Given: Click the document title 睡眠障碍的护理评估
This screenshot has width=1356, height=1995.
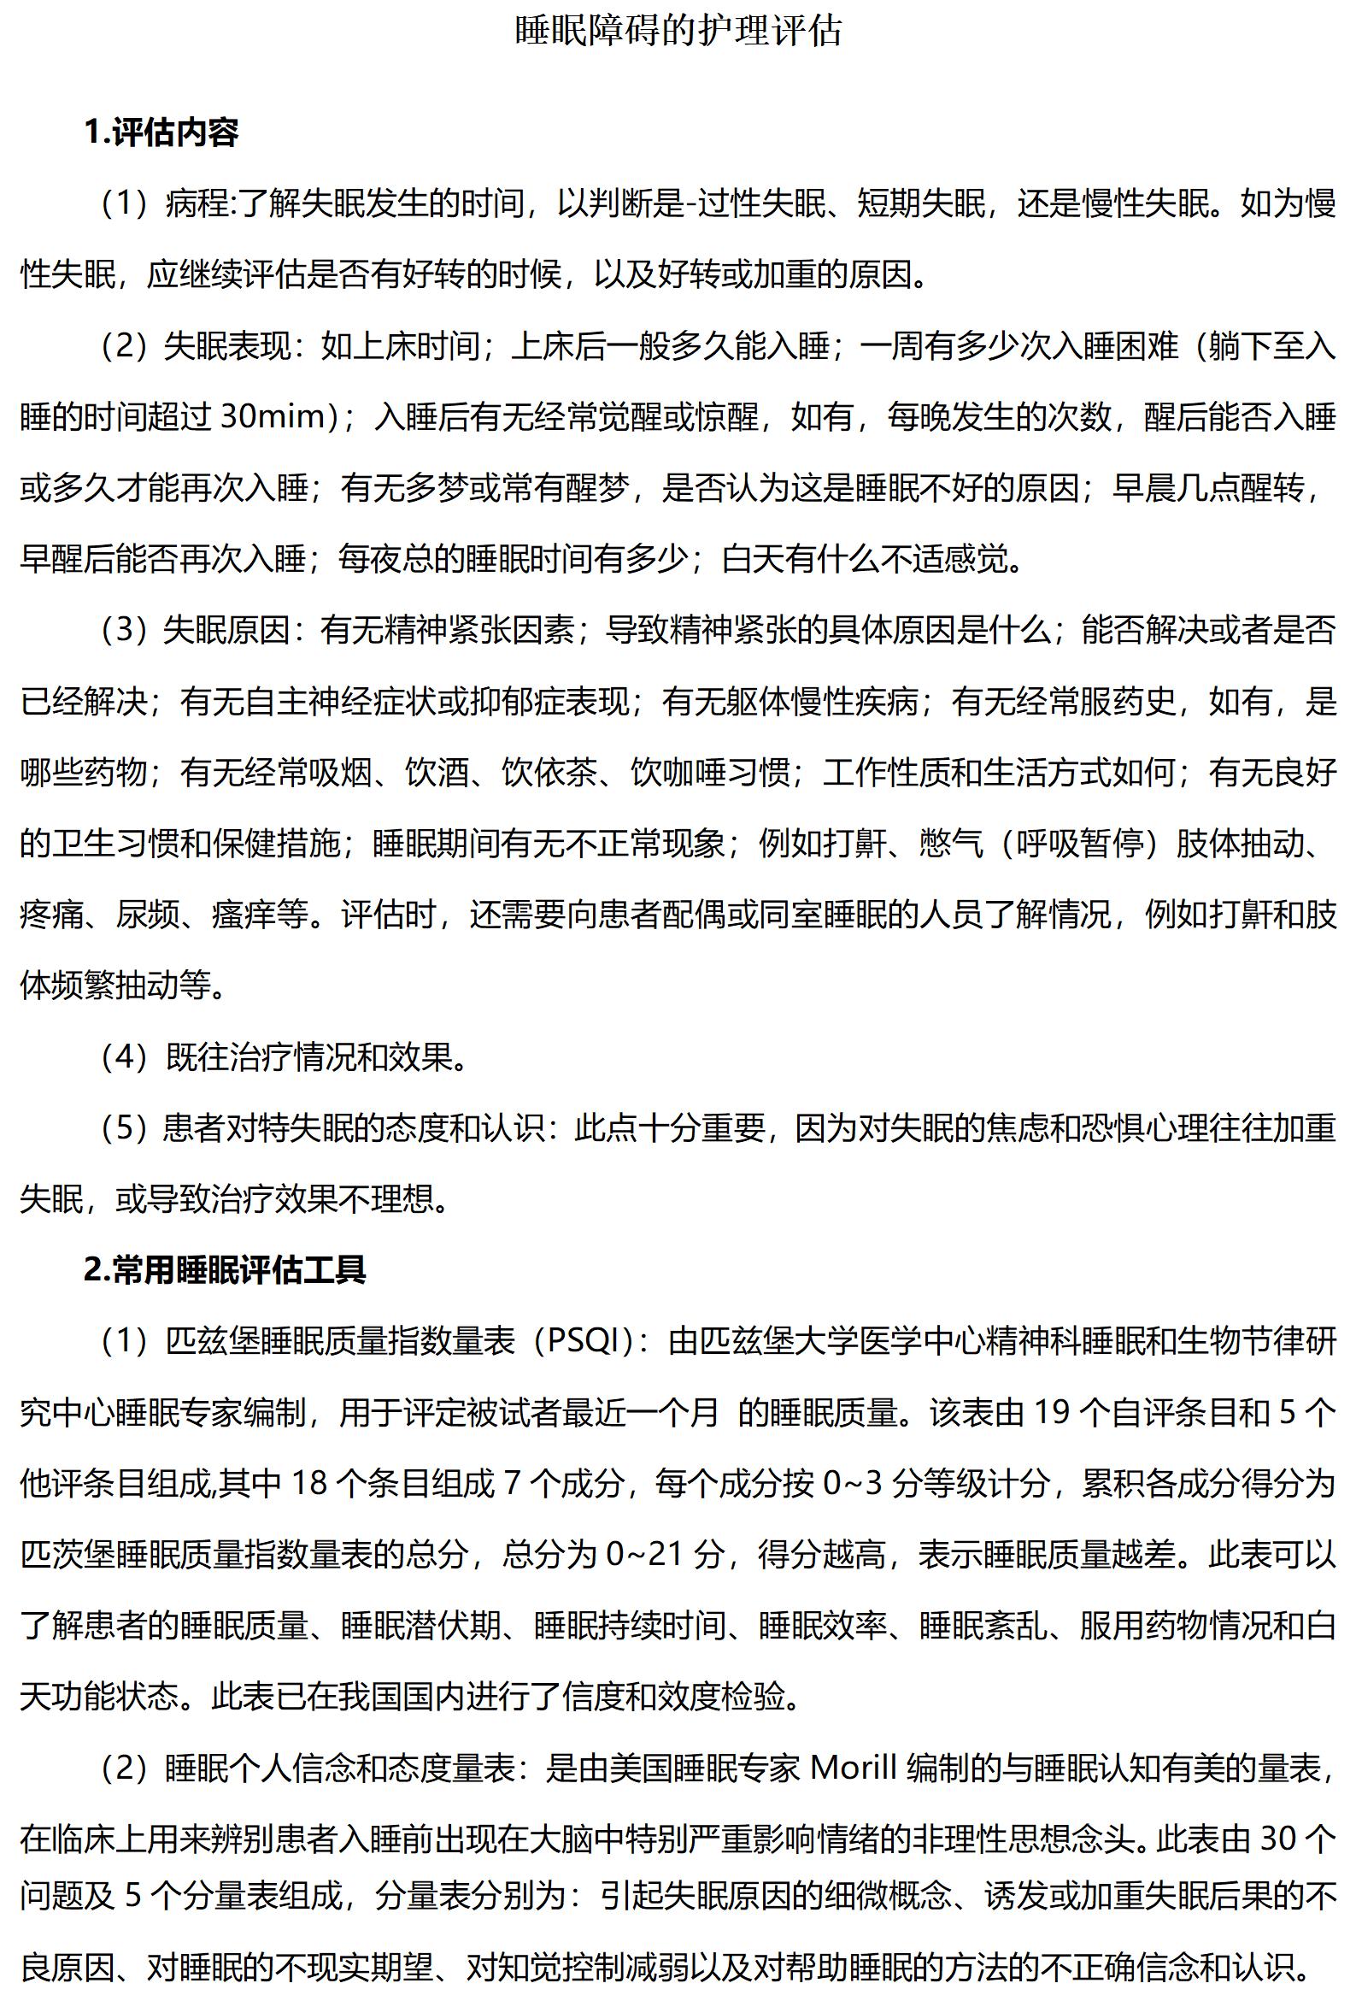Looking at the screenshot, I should (678, 32).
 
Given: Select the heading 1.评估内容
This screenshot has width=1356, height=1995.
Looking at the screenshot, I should (161, 132).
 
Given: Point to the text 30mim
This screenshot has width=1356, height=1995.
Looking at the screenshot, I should (274, 417).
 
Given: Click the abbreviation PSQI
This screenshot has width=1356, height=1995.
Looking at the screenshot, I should (584, 1341).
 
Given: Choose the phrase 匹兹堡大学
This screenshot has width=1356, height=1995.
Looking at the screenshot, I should (780, 1341).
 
